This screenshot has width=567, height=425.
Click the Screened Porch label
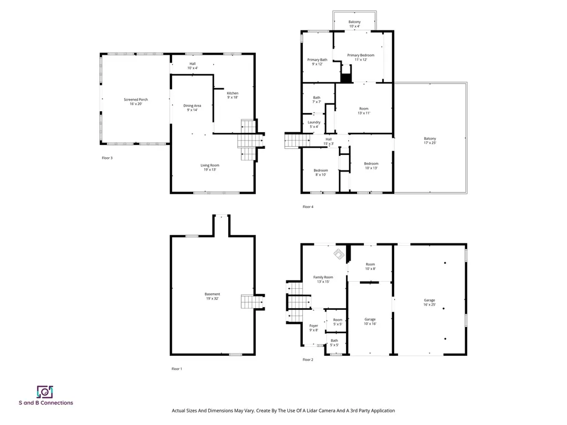click(x=136, y=102)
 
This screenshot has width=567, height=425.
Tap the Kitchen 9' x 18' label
click(x=233, y=95)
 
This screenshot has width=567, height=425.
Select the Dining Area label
click(x=192, y=107)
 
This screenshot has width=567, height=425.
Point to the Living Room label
click(x=210, y=167)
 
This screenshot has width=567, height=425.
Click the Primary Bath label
click(x=317, y=61)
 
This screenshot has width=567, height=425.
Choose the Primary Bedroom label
click(x=360, y=57)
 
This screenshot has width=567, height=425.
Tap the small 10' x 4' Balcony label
click(x=354, y=24)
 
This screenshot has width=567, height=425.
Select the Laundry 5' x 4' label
click(x=314, y=125)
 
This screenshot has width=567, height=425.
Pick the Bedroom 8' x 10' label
click(x=320, y=172)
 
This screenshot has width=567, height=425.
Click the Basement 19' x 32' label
click(x=212, y=296)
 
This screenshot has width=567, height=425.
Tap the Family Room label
click(x=323, y=279)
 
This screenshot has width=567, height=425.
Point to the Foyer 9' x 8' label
click(x=313, y=328)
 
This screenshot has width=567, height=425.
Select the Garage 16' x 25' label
click(x=429, y=302)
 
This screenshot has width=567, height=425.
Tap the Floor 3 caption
click(x=107, y=158)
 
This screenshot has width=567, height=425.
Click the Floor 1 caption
click(x=176, y=369)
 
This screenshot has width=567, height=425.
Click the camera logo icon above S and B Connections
click(x=44, y=392)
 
